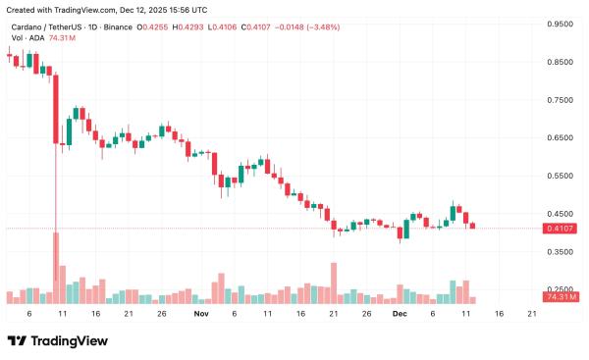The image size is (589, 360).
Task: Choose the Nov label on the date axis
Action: (x=202, y=314)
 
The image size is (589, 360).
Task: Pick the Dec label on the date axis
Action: (x=398, y=314)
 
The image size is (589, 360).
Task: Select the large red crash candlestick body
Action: (x=57, y=108)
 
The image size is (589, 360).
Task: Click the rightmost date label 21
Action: (x=532, y=314)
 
